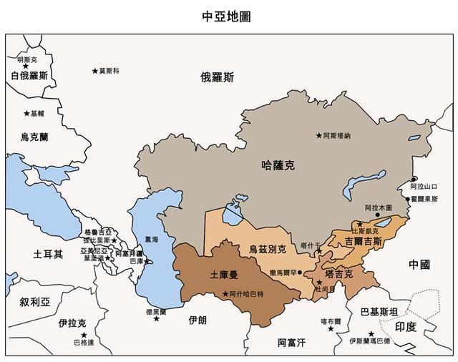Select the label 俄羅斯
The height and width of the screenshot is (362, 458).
click(x=217, y=77)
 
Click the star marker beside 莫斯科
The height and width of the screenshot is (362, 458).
click(x=94, y=70)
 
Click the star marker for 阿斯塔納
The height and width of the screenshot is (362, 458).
click(x=319, y=135)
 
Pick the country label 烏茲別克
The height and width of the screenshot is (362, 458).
click(x=267, y=250)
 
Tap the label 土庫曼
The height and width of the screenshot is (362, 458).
click(x=223, y=274)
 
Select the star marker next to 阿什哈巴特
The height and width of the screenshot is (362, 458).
click(x=225, y=294)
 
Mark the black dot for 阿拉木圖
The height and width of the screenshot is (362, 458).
click(x=377, y=214)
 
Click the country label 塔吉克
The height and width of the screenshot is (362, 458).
click(x=338, y=274)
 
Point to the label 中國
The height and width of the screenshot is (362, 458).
click(x=419, y=265)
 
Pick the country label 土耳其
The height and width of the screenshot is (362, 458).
click(x=48, y=254)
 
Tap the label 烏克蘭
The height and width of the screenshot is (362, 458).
click(x=34, y=137)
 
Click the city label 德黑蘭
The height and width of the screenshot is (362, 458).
click(x=156, y=311)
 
